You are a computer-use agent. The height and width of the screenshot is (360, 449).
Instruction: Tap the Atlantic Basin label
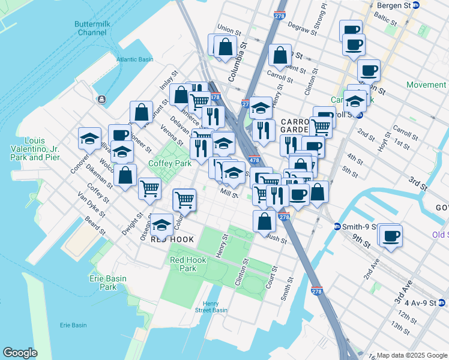(135, 59)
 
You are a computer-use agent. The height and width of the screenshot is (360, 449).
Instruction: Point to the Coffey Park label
(170, 163)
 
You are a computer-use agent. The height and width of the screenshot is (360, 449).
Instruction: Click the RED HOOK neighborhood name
(172, 239)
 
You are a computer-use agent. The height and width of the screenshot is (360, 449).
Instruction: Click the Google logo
(20, 353)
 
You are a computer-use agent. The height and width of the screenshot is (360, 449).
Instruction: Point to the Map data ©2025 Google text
(412, 355)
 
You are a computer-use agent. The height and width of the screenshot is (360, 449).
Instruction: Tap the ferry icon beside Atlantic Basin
(103, 99)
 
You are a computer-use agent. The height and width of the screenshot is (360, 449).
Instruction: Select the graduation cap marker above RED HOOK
(161, 224)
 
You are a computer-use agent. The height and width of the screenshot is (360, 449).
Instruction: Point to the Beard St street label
(96, 227)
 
